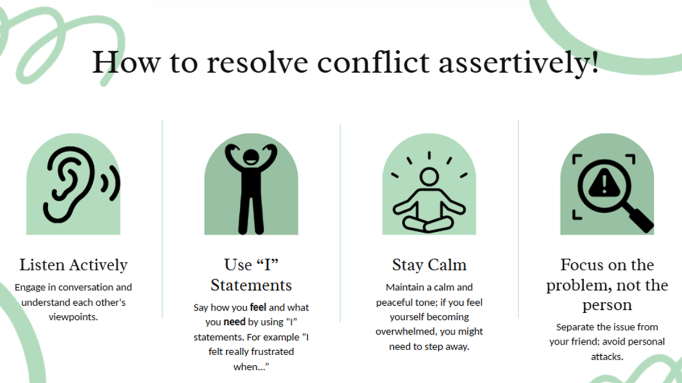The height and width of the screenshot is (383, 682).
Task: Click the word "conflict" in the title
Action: [373, 62]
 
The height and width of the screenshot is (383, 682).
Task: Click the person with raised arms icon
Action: [251, 188]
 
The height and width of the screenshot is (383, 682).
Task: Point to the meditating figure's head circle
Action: [429, 176]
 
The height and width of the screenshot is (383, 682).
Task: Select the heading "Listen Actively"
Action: [73, 265]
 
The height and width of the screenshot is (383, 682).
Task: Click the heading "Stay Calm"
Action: [429, 265]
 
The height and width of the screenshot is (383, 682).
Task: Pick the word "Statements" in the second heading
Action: [251, 285]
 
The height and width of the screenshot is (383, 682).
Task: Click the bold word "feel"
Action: [258, 308]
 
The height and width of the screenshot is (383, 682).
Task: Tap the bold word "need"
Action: [234, 322]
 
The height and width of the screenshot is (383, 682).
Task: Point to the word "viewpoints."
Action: [73, 317]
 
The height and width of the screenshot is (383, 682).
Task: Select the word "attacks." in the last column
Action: [607, 356]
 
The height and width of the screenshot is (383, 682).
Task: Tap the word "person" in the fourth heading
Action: [607, 305]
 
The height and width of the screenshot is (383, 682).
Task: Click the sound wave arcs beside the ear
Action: [110, 183]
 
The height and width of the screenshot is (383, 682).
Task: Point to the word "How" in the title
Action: [126, 62]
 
